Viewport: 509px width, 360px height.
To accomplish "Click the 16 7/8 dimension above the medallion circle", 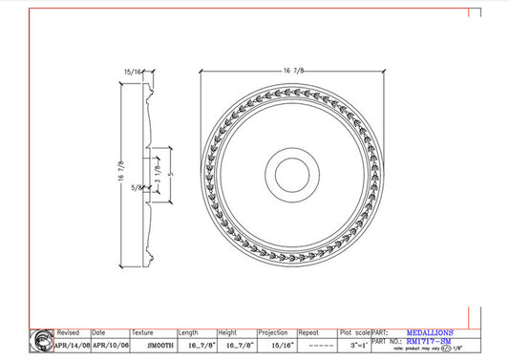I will pos(294,69).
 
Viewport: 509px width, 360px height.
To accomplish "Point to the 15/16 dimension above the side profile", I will pos(133,72).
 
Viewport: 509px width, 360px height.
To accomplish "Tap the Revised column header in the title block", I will pos(68,333).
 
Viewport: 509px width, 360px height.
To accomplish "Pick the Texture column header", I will pos(142,333).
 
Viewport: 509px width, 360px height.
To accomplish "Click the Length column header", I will pos(190,333).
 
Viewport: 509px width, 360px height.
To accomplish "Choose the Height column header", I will pos(227,333).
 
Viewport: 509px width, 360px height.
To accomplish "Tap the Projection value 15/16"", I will pos(275,346).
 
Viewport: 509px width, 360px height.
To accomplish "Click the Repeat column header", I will pos(308,333).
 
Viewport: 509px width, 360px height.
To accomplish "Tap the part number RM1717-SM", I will pos(431,342).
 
